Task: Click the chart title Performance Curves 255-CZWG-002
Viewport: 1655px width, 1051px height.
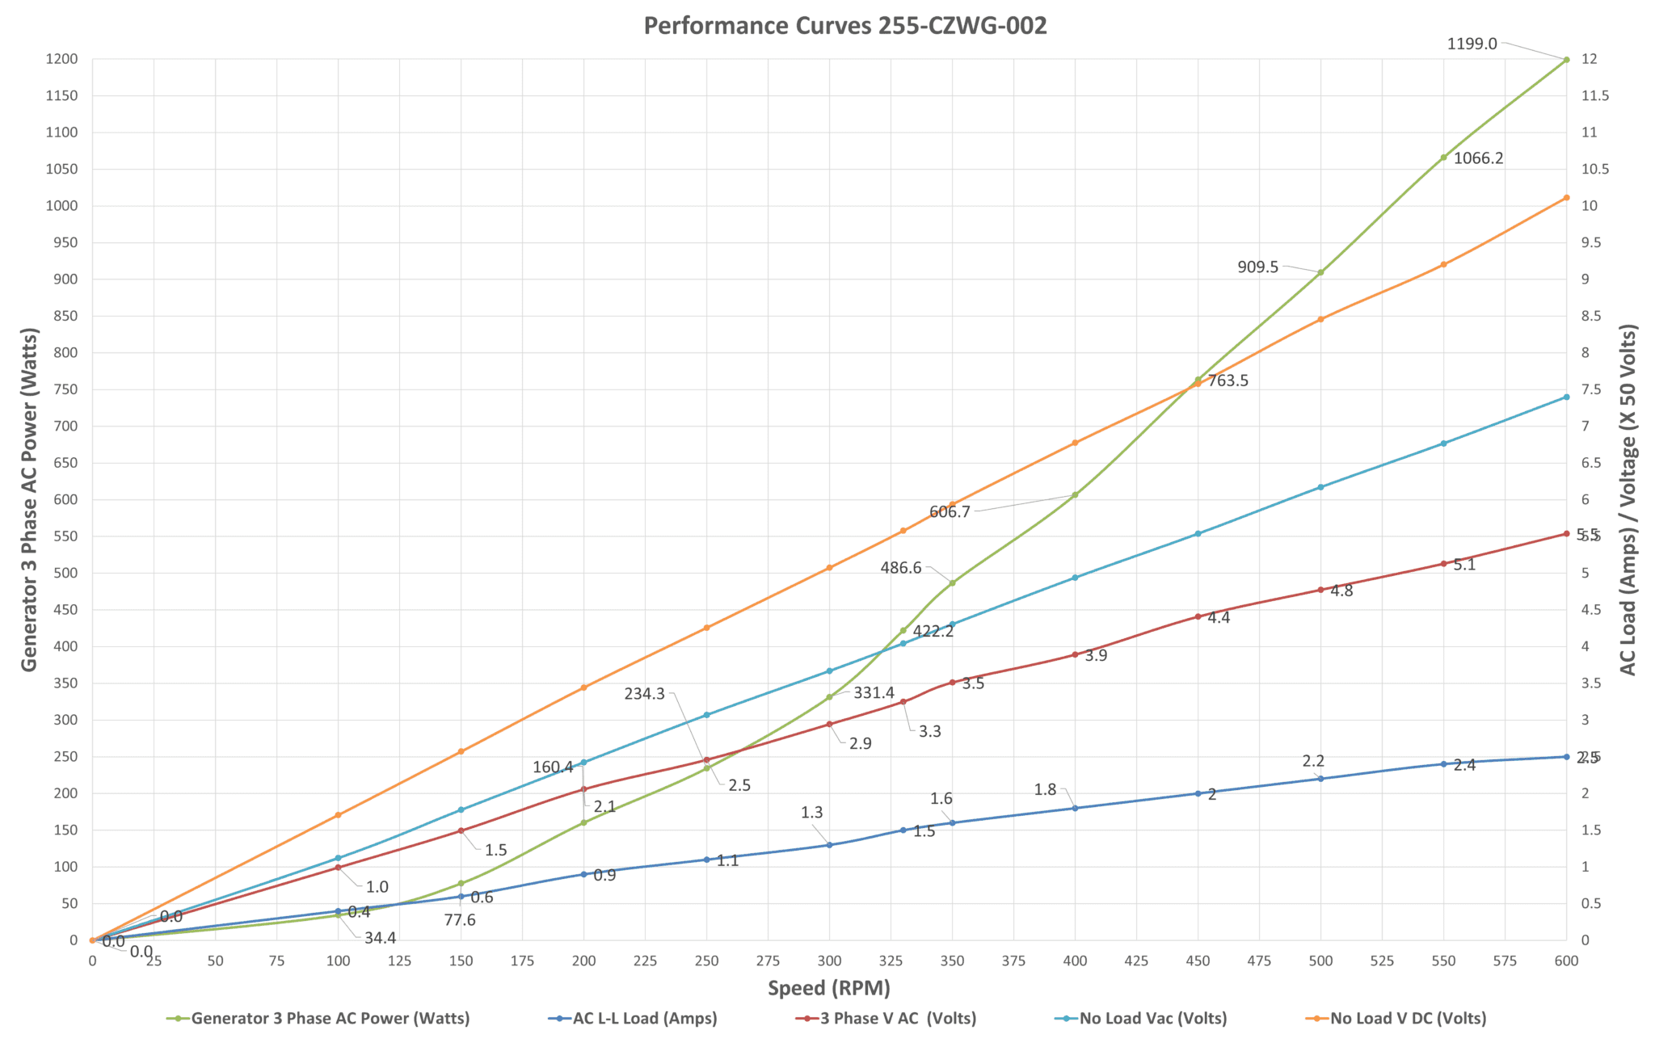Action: coord(844,26)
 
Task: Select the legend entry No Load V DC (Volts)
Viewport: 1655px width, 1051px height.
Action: coord(1408,1018)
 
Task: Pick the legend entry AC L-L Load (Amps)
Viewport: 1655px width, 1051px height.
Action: coord(645,1018)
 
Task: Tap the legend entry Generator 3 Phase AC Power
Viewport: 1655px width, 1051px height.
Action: coord(331,1018)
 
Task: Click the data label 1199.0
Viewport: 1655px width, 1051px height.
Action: coord(1472,44)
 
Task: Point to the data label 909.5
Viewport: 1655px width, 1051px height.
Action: coord(1257,267)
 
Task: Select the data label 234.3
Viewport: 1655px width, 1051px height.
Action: coord(644,693)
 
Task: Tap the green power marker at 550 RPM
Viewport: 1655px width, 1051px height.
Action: coord(1443,158)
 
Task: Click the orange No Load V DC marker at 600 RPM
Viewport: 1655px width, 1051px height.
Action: coord(1566,198)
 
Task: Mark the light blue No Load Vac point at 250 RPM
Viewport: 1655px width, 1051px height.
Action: coord(706,715)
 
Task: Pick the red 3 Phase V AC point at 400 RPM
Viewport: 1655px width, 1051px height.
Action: coord(1075,654)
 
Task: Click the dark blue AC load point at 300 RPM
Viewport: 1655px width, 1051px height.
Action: coord(829,845)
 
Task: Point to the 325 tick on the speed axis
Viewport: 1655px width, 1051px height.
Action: coord(891,961)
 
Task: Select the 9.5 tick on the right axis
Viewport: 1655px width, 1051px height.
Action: coord(1589,242)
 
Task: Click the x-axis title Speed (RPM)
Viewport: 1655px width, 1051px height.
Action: coord(828,987)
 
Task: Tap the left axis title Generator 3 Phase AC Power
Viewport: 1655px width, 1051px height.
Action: coord(29,499)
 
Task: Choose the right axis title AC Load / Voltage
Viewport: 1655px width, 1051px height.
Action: coord(1628,499)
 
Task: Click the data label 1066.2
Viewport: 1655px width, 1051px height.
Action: coord(1478,158)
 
